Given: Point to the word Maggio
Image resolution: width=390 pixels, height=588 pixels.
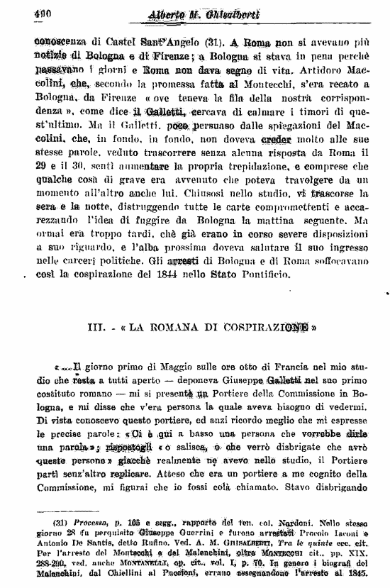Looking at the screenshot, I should pyautogui.click(x=161, y=367).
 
